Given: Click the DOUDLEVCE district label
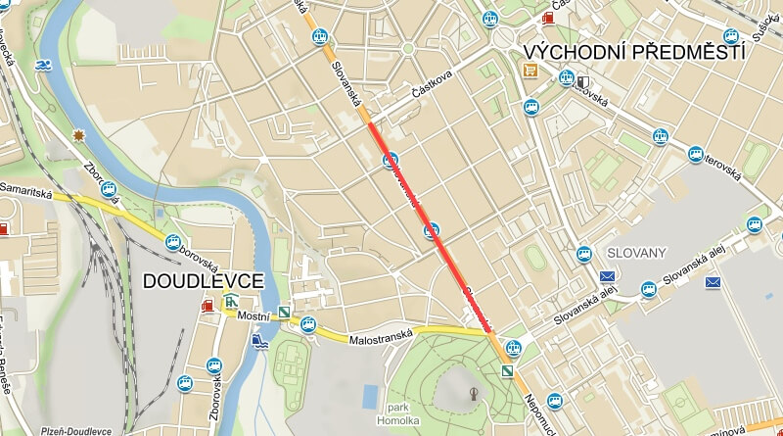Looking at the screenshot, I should click(x=203, y=281).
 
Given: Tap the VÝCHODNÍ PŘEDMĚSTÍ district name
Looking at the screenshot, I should click(x=633, y=53).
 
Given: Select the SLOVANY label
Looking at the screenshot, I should click(x=636, y=253).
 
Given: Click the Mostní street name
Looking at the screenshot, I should click(x=252, y=317).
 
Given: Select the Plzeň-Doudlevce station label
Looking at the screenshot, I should click(x=76, y=430).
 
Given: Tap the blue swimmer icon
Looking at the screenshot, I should click(x=43, y=66).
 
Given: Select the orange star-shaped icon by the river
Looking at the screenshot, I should click(x=78, y=135).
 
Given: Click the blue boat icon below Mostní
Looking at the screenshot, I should click(x=257, y=341).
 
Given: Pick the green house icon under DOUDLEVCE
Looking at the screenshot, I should click(x=229, y=301).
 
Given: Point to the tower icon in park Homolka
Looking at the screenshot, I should click(x=474, y=394).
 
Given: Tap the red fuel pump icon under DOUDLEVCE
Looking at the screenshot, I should click(x=207, y=307).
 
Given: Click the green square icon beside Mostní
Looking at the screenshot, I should click(x=284, y=314).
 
